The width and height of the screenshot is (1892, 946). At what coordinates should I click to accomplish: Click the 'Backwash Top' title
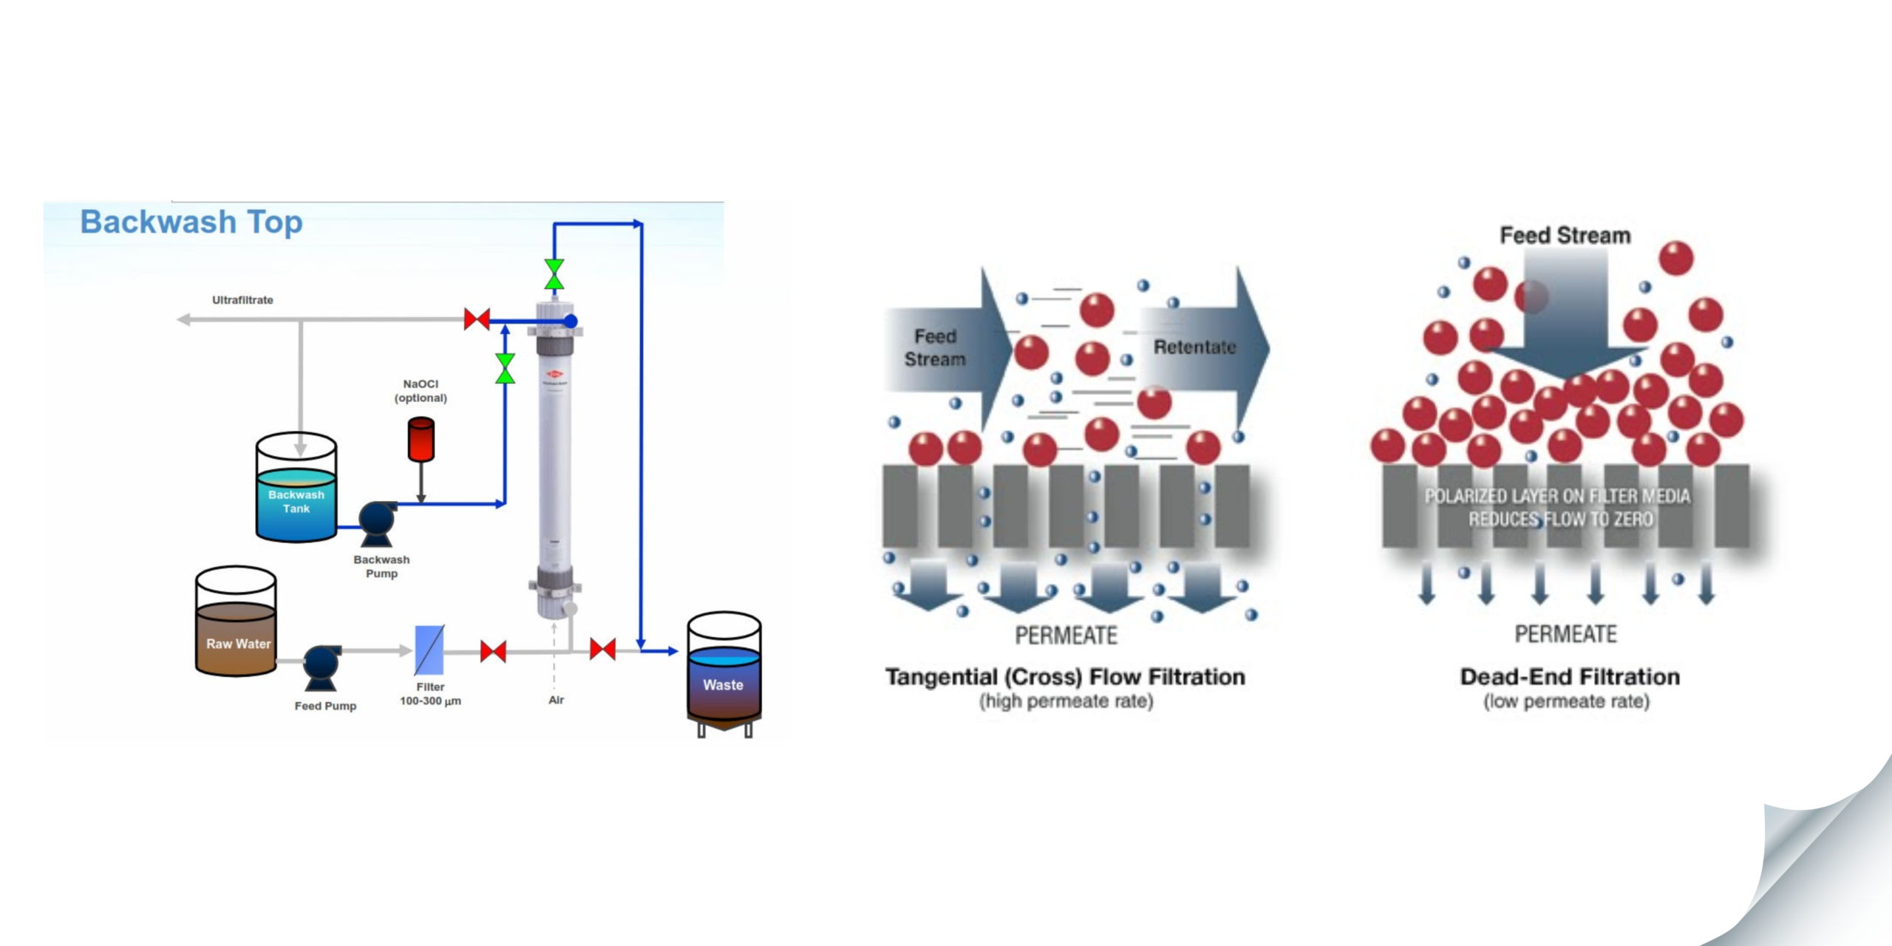[191, 222]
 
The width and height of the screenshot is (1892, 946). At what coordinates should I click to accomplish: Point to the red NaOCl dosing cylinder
[421, 440]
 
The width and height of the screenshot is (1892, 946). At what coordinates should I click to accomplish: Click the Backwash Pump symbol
[377, 521]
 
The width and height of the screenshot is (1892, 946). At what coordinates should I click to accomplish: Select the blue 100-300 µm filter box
[429, 650]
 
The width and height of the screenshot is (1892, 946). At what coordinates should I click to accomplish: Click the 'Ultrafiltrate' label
[242, 300]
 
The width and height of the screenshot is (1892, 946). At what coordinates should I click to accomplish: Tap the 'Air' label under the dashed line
[557, 700]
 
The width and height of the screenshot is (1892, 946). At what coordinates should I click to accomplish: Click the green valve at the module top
[554, 274]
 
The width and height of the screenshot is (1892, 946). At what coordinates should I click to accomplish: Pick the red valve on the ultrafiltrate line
[477, 319]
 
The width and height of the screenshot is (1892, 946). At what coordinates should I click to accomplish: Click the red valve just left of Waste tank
[602, 650]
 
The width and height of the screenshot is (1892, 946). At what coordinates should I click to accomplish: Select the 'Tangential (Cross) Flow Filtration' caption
[1065, 677]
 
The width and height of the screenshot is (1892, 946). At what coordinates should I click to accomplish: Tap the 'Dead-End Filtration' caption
[1570, 677]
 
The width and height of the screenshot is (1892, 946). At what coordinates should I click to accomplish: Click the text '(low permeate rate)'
[1566, 701]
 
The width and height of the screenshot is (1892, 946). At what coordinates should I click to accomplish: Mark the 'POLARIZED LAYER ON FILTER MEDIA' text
[1557, 496]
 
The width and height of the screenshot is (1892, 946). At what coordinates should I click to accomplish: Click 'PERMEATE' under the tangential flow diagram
[1066, 636]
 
